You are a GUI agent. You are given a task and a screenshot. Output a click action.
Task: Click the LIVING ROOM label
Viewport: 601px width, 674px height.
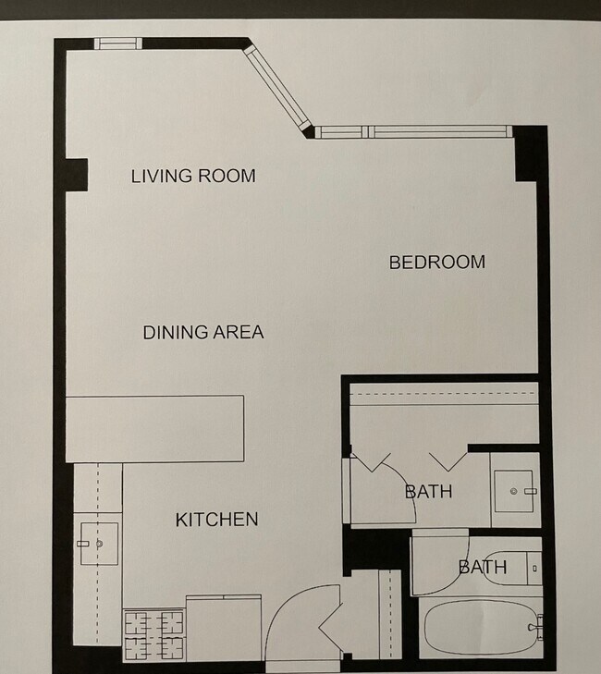193,176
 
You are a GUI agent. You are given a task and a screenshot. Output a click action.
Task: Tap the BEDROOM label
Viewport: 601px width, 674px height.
437,263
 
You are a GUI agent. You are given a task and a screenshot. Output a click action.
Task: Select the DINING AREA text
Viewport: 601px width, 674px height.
202,332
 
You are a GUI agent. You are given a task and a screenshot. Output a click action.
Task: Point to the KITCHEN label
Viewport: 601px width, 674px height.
216,520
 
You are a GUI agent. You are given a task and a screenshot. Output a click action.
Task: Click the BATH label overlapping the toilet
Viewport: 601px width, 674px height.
483,568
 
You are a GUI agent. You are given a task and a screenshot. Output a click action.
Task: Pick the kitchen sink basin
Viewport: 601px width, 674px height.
99,544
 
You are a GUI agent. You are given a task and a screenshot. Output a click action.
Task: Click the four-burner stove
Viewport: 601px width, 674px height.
154,635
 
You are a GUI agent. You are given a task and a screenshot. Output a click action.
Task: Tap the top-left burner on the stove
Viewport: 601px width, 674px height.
138,623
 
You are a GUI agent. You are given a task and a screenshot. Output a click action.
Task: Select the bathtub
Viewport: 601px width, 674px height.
481,628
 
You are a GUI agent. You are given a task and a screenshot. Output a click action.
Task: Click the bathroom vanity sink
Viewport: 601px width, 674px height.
514,491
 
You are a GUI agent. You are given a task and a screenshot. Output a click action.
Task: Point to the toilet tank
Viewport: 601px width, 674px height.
534,569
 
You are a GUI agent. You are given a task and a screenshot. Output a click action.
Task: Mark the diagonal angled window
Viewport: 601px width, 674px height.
277,88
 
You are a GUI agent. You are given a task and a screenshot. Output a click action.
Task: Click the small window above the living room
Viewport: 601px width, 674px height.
117,43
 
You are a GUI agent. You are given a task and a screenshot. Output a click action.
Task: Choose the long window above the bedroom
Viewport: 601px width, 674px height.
413,131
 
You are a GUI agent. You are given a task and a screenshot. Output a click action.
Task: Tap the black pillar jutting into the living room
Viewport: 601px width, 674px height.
77,175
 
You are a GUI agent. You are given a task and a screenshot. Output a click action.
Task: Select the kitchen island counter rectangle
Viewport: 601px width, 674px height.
154,429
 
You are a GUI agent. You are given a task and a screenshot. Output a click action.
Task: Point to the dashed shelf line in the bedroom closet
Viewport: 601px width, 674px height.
444,394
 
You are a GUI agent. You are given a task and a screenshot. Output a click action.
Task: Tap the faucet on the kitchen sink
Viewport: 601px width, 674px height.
83,544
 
